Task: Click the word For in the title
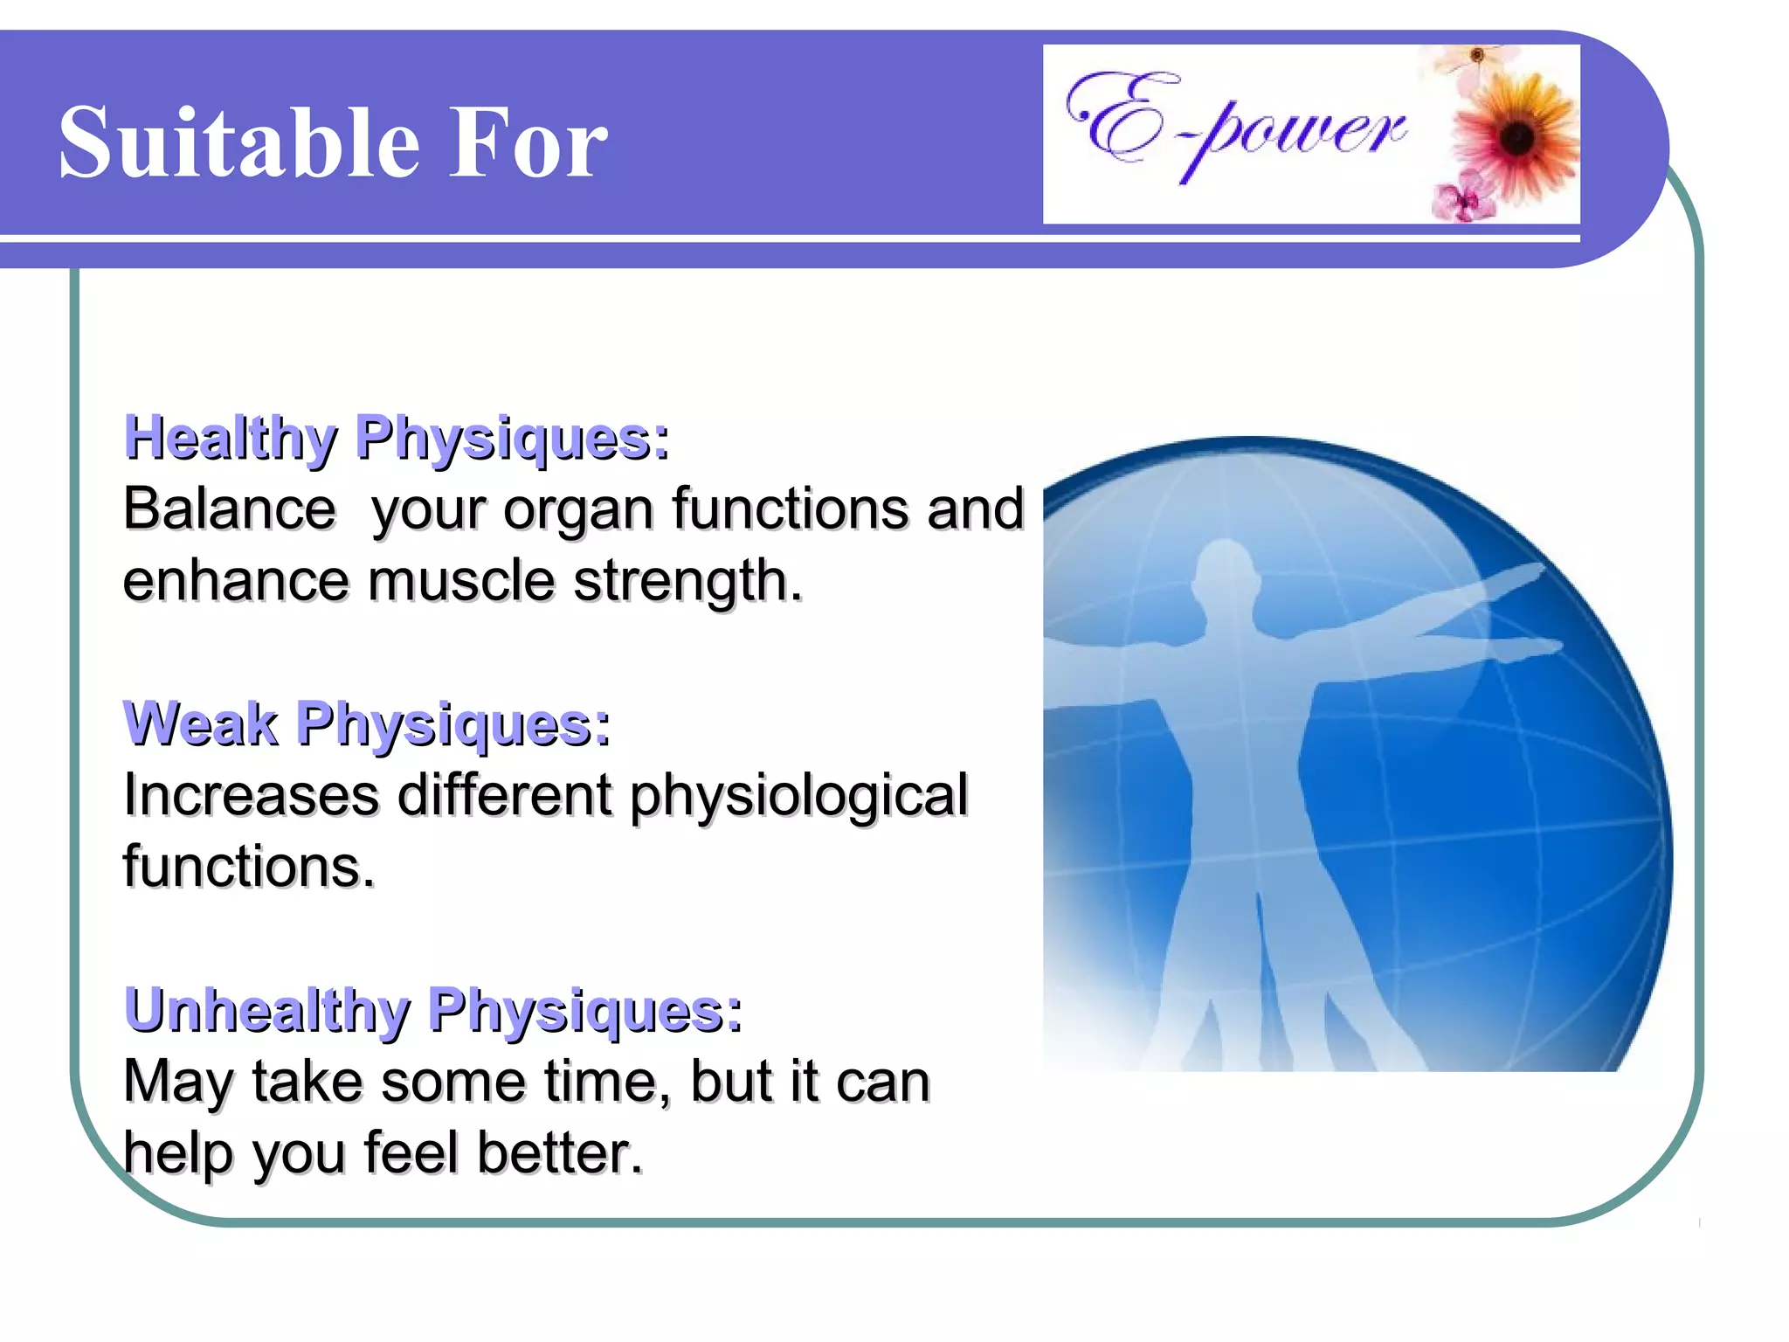click(528, 142)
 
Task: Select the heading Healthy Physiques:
click(397, 439)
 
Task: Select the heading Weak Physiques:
click(367, 724)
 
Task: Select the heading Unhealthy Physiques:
click(433, 1011)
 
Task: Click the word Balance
click(229, 508)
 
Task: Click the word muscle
click(460, 580)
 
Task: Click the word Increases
click(252, 795)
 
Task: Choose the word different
click(505, 795)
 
